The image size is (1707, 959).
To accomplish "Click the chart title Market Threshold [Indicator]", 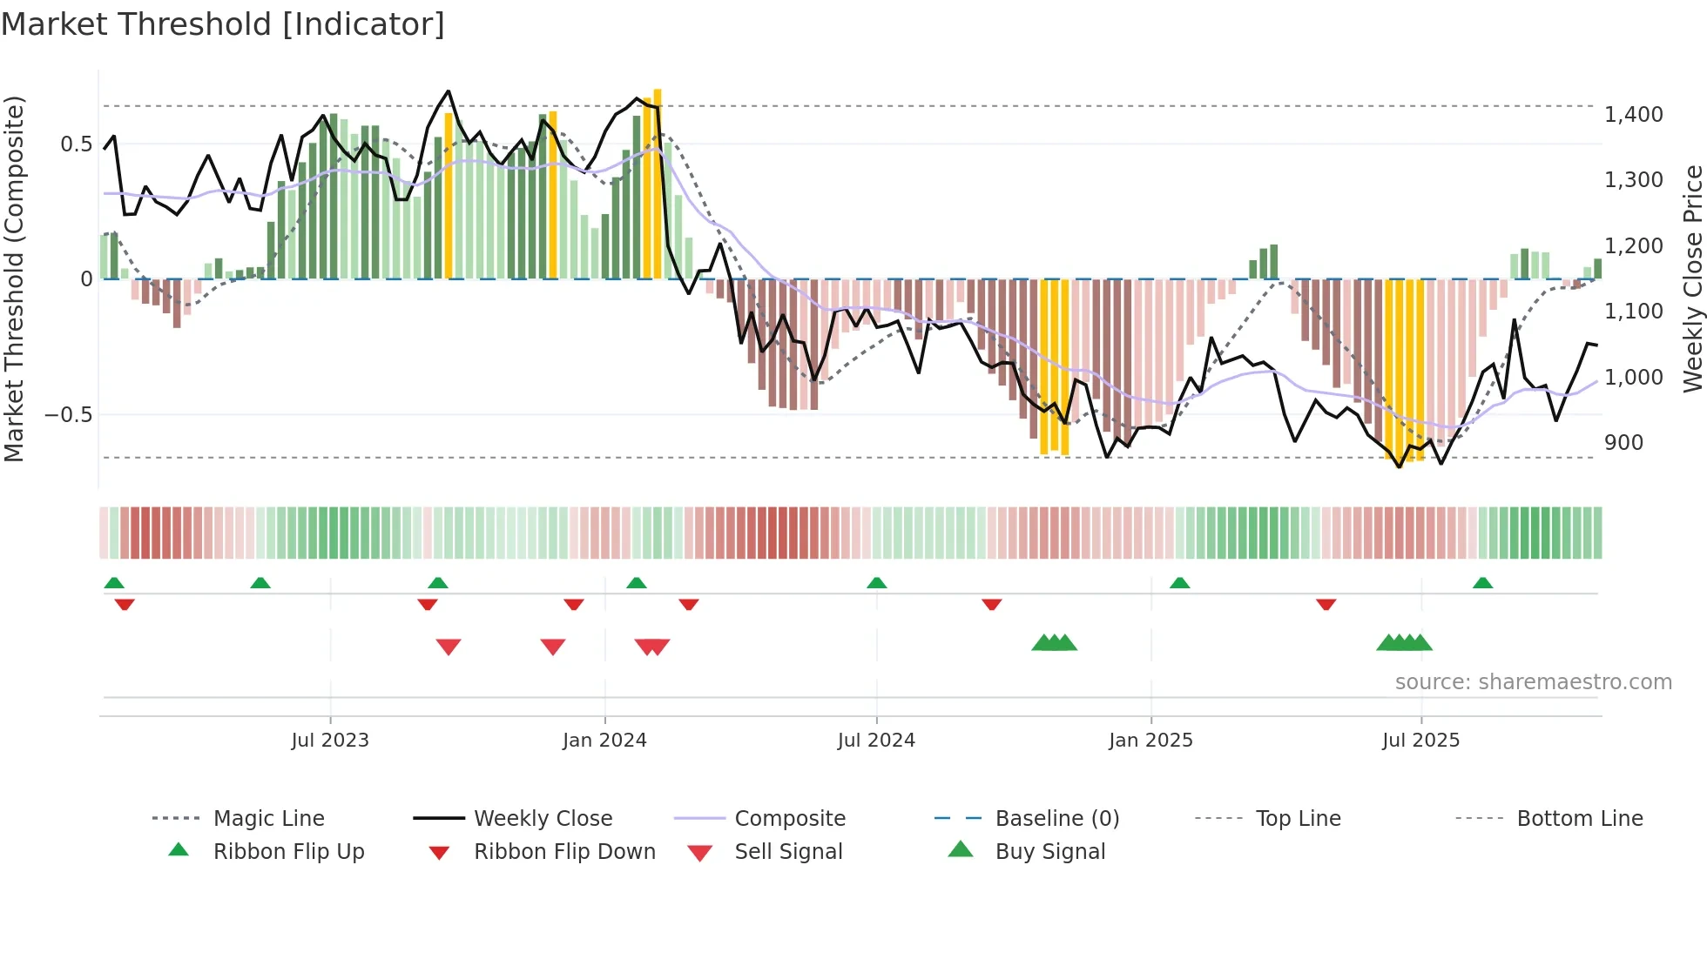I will (223, 24).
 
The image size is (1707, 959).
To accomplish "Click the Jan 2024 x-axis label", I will (604, 741).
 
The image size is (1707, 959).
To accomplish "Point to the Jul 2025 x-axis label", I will (1420, 741).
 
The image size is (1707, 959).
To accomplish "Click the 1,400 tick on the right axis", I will (1633, 115).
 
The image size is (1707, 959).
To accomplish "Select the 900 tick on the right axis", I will (1623, 443).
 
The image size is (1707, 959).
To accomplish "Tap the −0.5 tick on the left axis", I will (68, 415).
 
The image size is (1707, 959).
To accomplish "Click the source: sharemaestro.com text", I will (1533, 682).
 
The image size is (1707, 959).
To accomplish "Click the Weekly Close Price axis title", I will (1692, 278).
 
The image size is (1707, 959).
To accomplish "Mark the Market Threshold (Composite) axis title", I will (14, 278).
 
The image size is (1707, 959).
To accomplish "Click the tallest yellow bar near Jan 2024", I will (658, 183).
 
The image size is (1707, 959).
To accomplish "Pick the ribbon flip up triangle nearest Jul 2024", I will (876, 583).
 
